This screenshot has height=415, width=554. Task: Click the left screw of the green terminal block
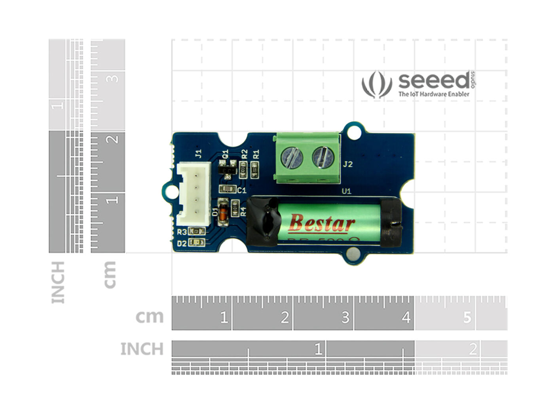(x=292, y=157)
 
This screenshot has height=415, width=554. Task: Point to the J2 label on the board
(x=347, y=164)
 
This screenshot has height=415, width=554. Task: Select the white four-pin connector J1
(x=194, y=194)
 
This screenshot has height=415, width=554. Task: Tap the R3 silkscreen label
(x=182, y=232)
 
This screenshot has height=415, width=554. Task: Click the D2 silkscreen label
(x=182, y=243)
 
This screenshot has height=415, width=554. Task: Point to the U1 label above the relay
(x=347, y=191)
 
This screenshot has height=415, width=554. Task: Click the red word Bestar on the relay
(x=322, y=223)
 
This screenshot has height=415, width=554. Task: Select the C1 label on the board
(x=242, y=191)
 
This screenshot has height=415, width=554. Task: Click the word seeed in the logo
(x=434, y=81)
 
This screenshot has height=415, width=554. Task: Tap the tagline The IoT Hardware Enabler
(x=434, y=94)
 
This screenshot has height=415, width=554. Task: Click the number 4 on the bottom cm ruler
(x=406, y=317)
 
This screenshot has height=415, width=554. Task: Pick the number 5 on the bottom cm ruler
(x=467, y=317)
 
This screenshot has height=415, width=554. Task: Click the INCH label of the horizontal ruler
(x=142, y=349)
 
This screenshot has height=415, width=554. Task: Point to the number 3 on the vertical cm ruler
(x=114, y=78)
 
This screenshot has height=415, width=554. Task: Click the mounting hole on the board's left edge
(x=171, y=191)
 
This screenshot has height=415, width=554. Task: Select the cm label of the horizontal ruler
(x=149, y=317)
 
